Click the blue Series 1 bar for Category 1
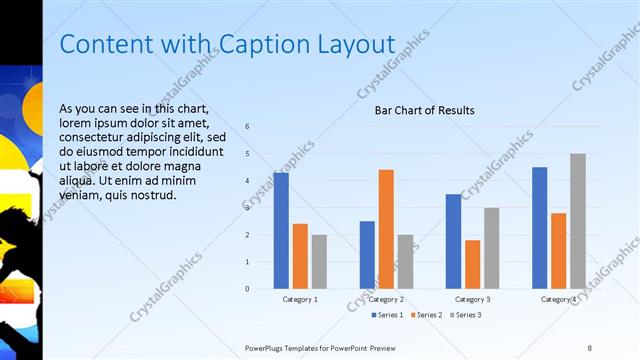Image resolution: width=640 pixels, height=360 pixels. coord(281,230)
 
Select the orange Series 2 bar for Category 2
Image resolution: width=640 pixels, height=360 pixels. coord(386,229)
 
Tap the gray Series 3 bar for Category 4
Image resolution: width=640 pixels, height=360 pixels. coord(578,221)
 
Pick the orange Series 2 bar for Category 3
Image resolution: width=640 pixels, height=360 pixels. coord(472,264)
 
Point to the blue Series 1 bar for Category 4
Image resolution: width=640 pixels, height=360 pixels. coord(540,228)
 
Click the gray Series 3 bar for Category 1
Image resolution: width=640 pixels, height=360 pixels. coord(319,262)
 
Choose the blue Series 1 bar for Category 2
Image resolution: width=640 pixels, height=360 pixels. coord(367,255)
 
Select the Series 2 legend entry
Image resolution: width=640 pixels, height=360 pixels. coord(425,315)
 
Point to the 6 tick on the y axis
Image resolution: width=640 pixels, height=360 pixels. coord(247,126)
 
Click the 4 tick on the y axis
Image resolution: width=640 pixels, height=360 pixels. coord(247,180)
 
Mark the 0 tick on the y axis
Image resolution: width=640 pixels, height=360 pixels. coord(247,289)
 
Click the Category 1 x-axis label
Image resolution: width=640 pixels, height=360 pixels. coord(300,299)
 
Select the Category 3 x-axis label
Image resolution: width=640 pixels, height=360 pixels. coord(473,299)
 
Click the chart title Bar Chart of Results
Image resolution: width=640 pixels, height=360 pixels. coord(424,110)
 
